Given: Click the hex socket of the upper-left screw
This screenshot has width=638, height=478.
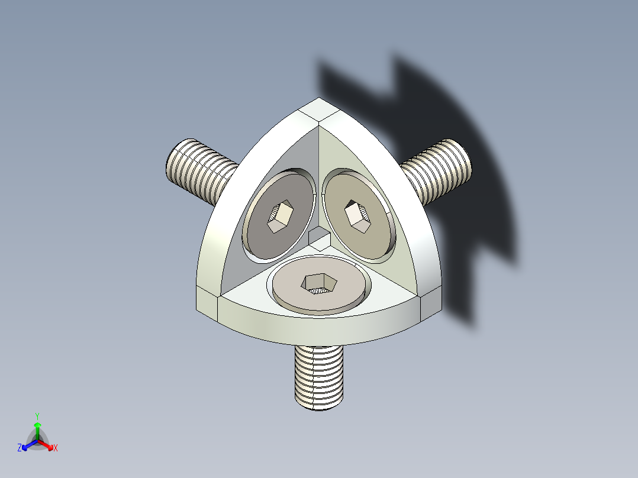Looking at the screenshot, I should (279, 217).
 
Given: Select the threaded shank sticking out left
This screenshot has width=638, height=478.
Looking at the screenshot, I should (201, 172).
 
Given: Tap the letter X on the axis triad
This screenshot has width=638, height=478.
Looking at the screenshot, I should (56, 448).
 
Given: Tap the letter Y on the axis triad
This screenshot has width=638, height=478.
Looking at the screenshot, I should (37, 416).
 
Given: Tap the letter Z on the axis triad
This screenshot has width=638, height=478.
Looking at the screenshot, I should (20, 448).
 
